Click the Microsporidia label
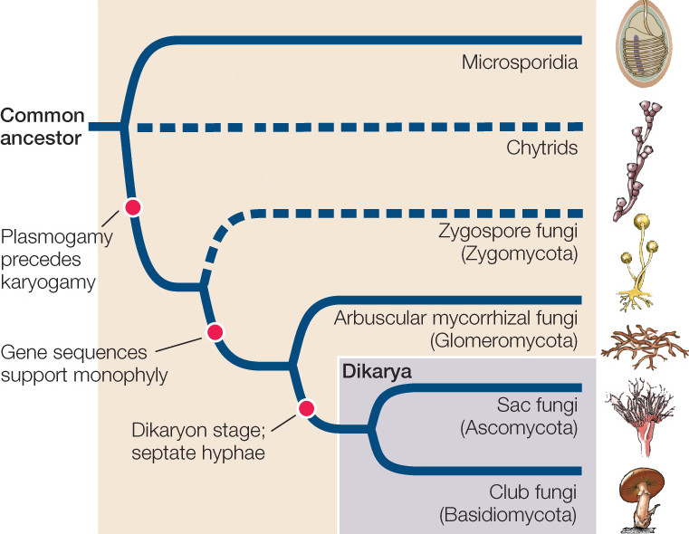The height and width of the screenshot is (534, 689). click(x=519, y=62)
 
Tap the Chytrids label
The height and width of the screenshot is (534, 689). click(x=541, y=148)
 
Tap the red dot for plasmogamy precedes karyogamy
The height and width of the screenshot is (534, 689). click(x=133, y=206)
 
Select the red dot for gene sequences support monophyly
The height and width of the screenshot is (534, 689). click(x=215, y=332)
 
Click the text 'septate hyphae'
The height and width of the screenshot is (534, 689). click(x=211, y=452)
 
